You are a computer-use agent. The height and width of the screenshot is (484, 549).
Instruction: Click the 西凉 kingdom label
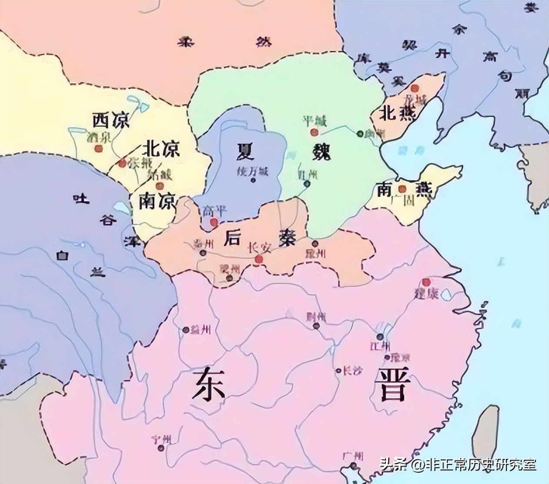pyautogui.click(x=111, y=120)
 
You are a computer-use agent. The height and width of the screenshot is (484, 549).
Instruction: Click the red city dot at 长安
pyautogui.click(x=259, y=260)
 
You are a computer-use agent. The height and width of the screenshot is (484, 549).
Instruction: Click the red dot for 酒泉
pyautogui.click(x=98, y=148)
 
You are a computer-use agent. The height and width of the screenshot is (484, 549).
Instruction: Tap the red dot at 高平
pyautogui.click(x=214, y=222)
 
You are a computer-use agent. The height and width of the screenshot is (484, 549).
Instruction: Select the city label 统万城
pyautogui.click(x=253, y=171)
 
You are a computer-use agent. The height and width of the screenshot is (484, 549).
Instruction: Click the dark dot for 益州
pyautogui.click(x=186, y=330)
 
